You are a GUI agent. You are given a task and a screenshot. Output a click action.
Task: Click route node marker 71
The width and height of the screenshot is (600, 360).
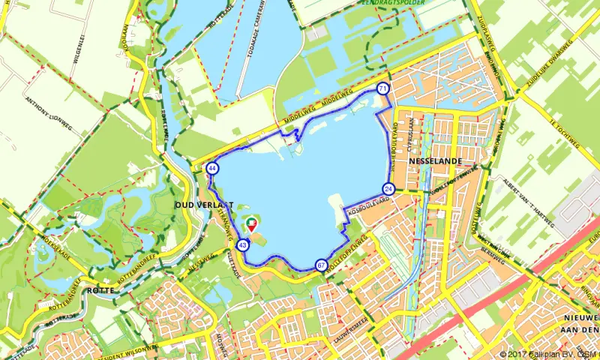pyautogui.click(x=383, y=88)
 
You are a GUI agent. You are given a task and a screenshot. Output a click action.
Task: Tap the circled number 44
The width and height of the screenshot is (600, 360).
pyautogui.click(x=213, y=169)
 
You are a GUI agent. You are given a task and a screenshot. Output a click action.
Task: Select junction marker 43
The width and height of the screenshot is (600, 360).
pyautogui.click(x=242, y=244)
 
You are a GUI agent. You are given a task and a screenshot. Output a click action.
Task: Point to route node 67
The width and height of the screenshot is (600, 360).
pyautogui.click(x=321, y=265)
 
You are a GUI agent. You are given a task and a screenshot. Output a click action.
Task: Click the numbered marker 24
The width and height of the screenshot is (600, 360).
pyautogui.click(x=388, y=189)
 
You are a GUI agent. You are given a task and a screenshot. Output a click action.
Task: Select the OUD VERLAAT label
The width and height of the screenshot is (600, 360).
pyautogui.click(x=204, y=205)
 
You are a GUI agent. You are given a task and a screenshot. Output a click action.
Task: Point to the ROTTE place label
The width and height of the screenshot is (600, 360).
pyautogui.click(x=100, y=290)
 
